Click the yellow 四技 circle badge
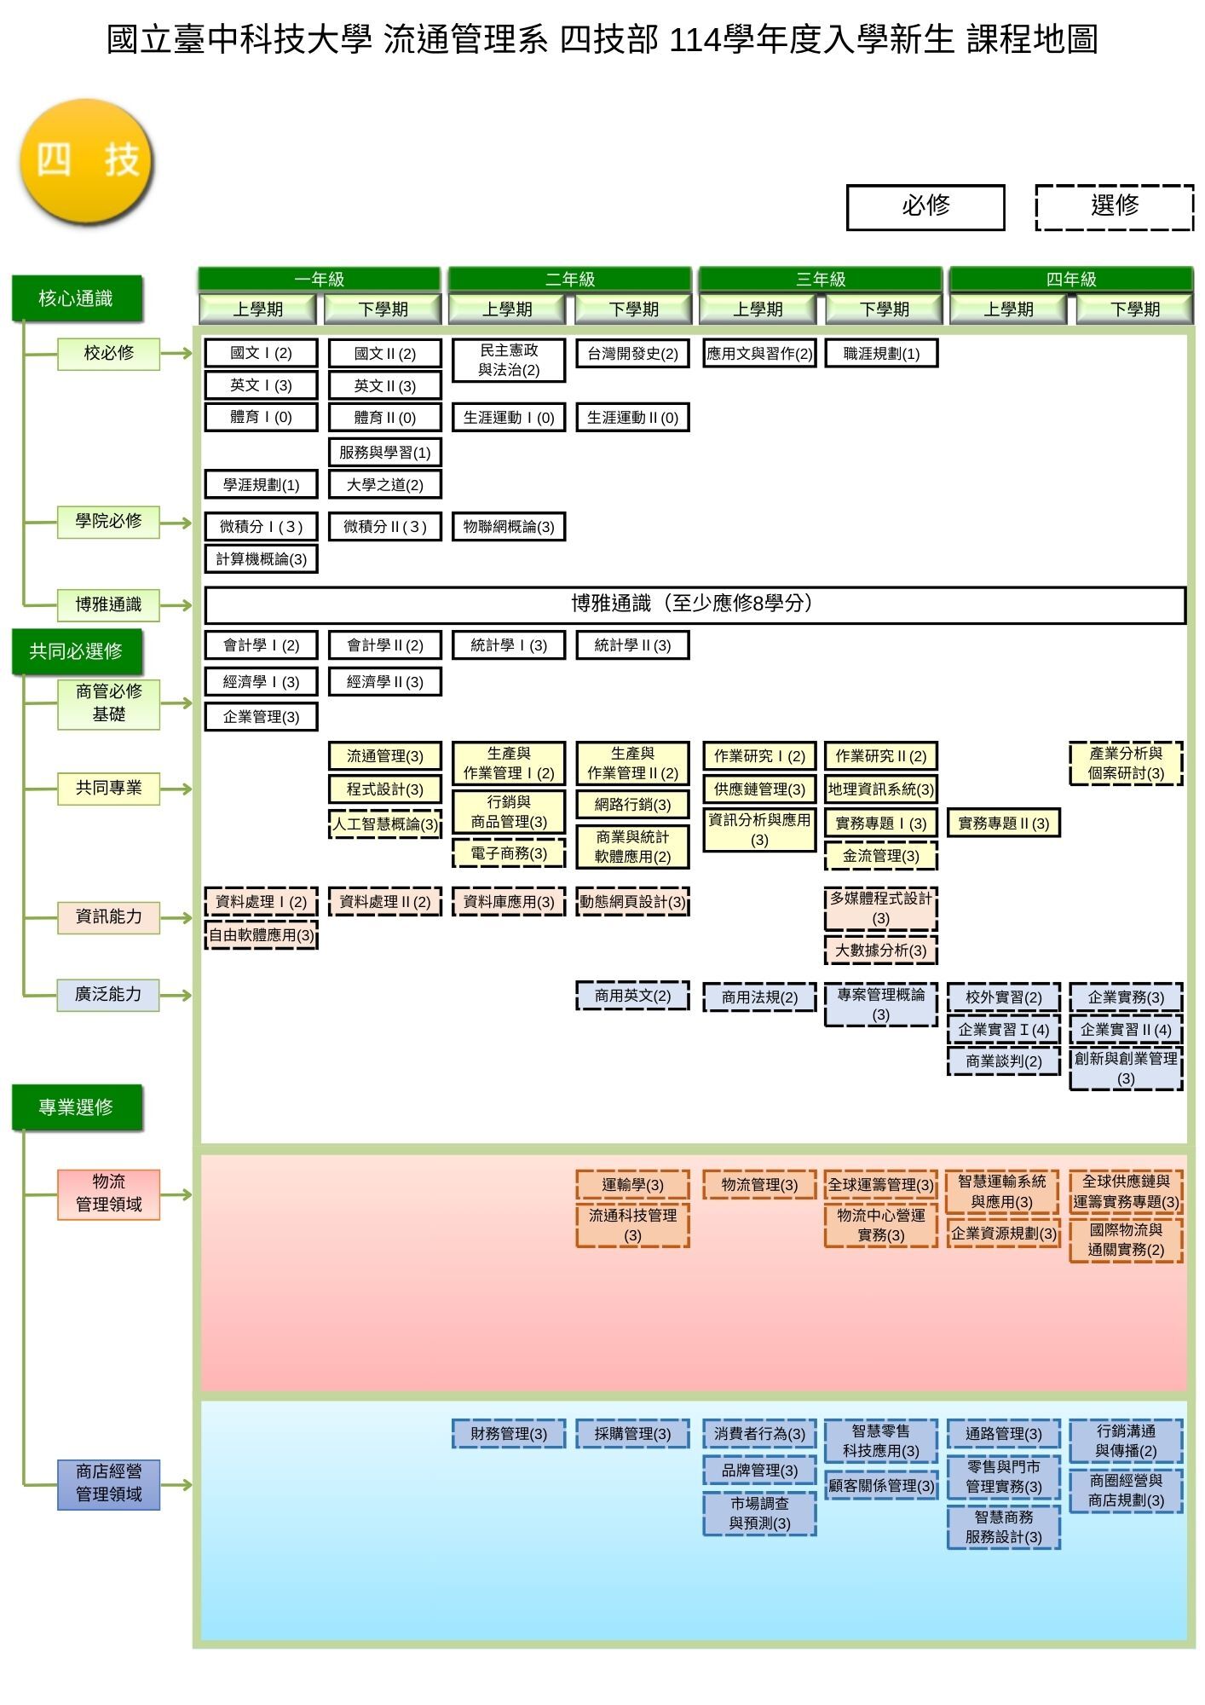pos(86,161)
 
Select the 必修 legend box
pos(925,207)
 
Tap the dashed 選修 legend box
pos(1114,207)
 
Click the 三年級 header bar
pos(820,279)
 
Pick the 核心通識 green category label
pos(76,298)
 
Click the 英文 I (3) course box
pos(261,385)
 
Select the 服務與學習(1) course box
pos(385,452)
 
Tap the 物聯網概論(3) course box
pos(509,527)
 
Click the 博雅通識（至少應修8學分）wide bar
pos(695,604)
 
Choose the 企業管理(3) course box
pos(261,717)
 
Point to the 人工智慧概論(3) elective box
pos(385,824)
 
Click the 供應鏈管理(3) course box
pos(759,789)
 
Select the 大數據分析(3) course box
pos(880,951)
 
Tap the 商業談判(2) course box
pos(1003,1061)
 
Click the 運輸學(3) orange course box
pos(632,1185)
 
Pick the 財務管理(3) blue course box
pos(509,1434)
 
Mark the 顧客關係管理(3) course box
pos(880,1486)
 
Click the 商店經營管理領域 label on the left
pos(108,1483)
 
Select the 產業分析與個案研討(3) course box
pos(1126,764)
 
